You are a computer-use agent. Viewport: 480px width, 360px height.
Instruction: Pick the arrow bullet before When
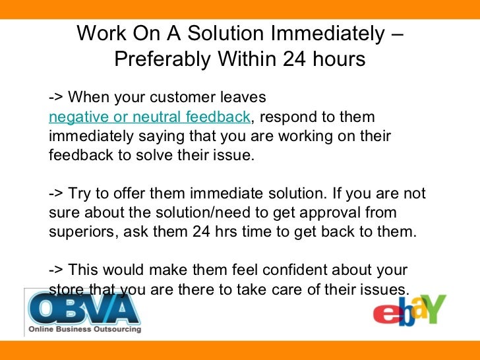point(56,98)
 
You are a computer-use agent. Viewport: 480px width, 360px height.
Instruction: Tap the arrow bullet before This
point(56,272)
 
